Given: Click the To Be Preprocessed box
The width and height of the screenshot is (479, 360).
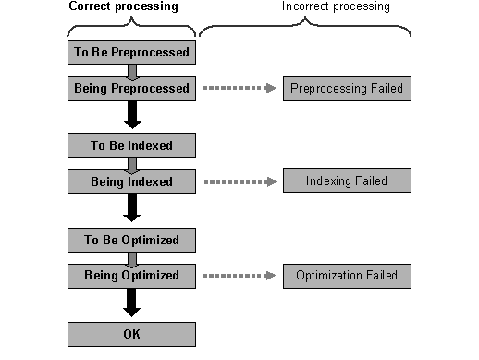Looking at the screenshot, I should pyautogui.click(x=131, y=53).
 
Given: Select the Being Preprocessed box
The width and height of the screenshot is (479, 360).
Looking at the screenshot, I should pyautogui.click(x=131, y=89).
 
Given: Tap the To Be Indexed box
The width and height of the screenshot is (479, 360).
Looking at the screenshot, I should pyautogui.click(x=131, y=145).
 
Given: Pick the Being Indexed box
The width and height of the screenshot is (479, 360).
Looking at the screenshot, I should pyautogui.click(x=131, y=181).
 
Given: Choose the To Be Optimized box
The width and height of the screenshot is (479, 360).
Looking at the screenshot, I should pyautogui.click(x=131, y=240).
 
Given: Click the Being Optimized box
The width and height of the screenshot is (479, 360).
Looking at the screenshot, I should pyautogui.click(x=131, y=276).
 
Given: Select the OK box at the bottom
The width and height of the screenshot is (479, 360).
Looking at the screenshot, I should pyautogui.click(x=131, y=333).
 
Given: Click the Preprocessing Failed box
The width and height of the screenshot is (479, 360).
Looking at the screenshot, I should pyautogui.click(x=346, y=89).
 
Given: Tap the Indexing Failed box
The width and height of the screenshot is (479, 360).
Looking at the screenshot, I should pyautogui.click(x=346, y=180).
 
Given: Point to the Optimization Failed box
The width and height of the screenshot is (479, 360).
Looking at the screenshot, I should pyautogui.click(x=346, y=275).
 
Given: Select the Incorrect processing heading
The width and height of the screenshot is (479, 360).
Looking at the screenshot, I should pyautogui.click(x=337, y=7).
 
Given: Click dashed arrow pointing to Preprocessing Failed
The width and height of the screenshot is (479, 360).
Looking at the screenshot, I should pyautogui.click(x=239, y=90).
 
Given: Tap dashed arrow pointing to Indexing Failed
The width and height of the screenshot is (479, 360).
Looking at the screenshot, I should pyautogui.click(x=239, y=181).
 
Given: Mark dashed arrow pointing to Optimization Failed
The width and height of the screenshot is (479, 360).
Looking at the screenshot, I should pyautogui.click(x=239, y=276).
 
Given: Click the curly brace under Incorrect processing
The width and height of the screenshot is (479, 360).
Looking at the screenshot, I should pyautogui.click(x=305, y=27).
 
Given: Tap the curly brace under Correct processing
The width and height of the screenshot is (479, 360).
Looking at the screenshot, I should pyautogui.click(x=131, y=27).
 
